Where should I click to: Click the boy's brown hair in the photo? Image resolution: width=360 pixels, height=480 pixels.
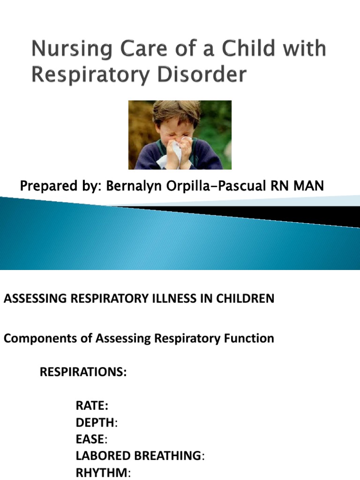coord(176,112)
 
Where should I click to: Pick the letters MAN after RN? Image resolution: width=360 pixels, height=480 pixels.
coord(309,186)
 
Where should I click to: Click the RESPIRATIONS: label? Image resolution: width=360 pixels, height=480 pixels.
coord(83,372)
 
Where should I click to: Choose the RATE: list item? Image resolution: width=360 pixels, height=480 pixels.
coord(92,405)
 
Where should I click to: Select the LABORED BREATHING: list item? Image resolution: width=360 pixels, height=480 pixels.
coord(140,456)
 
